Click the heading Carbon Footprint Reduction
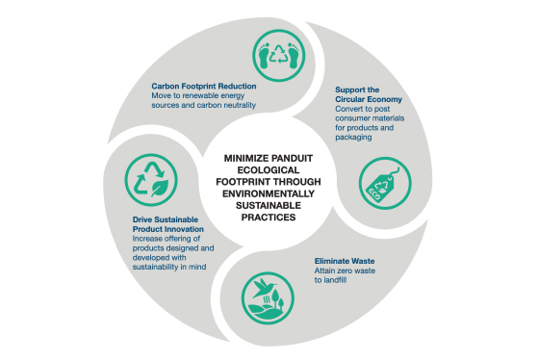(204, 86)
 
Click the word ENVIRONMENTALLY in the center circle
(269, 192)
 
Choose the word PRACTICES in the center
(269, 217)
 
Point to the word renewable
(206, 96)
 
